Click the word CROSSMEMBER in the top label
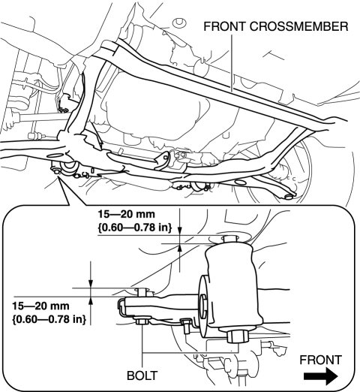tap(298, 26)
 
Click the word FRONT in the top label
tap(225, 26)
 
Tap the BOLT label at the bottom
tap(142, 375)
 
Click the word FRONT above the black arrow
tap(321, 360)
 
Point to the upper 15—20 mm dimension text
tap(126, 215)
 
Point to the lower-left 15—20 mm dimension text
tap(40, 306)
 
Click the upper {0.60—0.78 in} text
tap(134, 228)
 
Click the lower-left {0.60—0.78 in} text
tap(49, 319)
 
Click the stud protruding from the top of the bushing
tap(229, 239)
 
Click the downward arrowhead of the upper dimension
tap(179, 231)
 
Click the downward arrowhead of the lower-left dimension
tap(91, 284)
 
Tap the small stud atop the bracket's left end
tap(142, 292)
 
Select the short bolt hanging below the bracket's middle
tap(187, 326)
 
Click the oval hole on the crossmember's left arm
tap(55, 155)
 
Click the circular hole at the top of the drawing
tap(179, 23)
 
